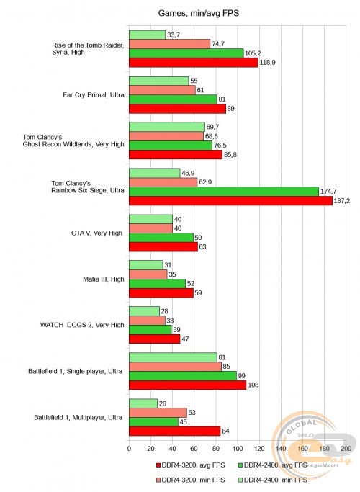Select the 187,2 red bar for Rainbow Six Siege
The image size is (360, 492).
click(230, 201)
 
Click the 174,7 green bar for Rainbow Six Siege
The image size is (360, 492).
click(223, 192)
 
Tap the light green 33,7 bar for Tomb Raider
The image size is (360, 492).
click(147, 35)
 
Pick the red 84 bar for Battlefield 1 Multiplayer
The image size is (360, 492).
click(174, 431)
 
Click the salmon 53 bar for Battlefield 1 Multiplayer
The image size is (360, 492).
click(158, 413)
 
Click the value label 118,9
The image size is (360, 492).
click(269, 63)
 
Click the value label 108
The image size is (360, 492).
click(253, 385)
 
